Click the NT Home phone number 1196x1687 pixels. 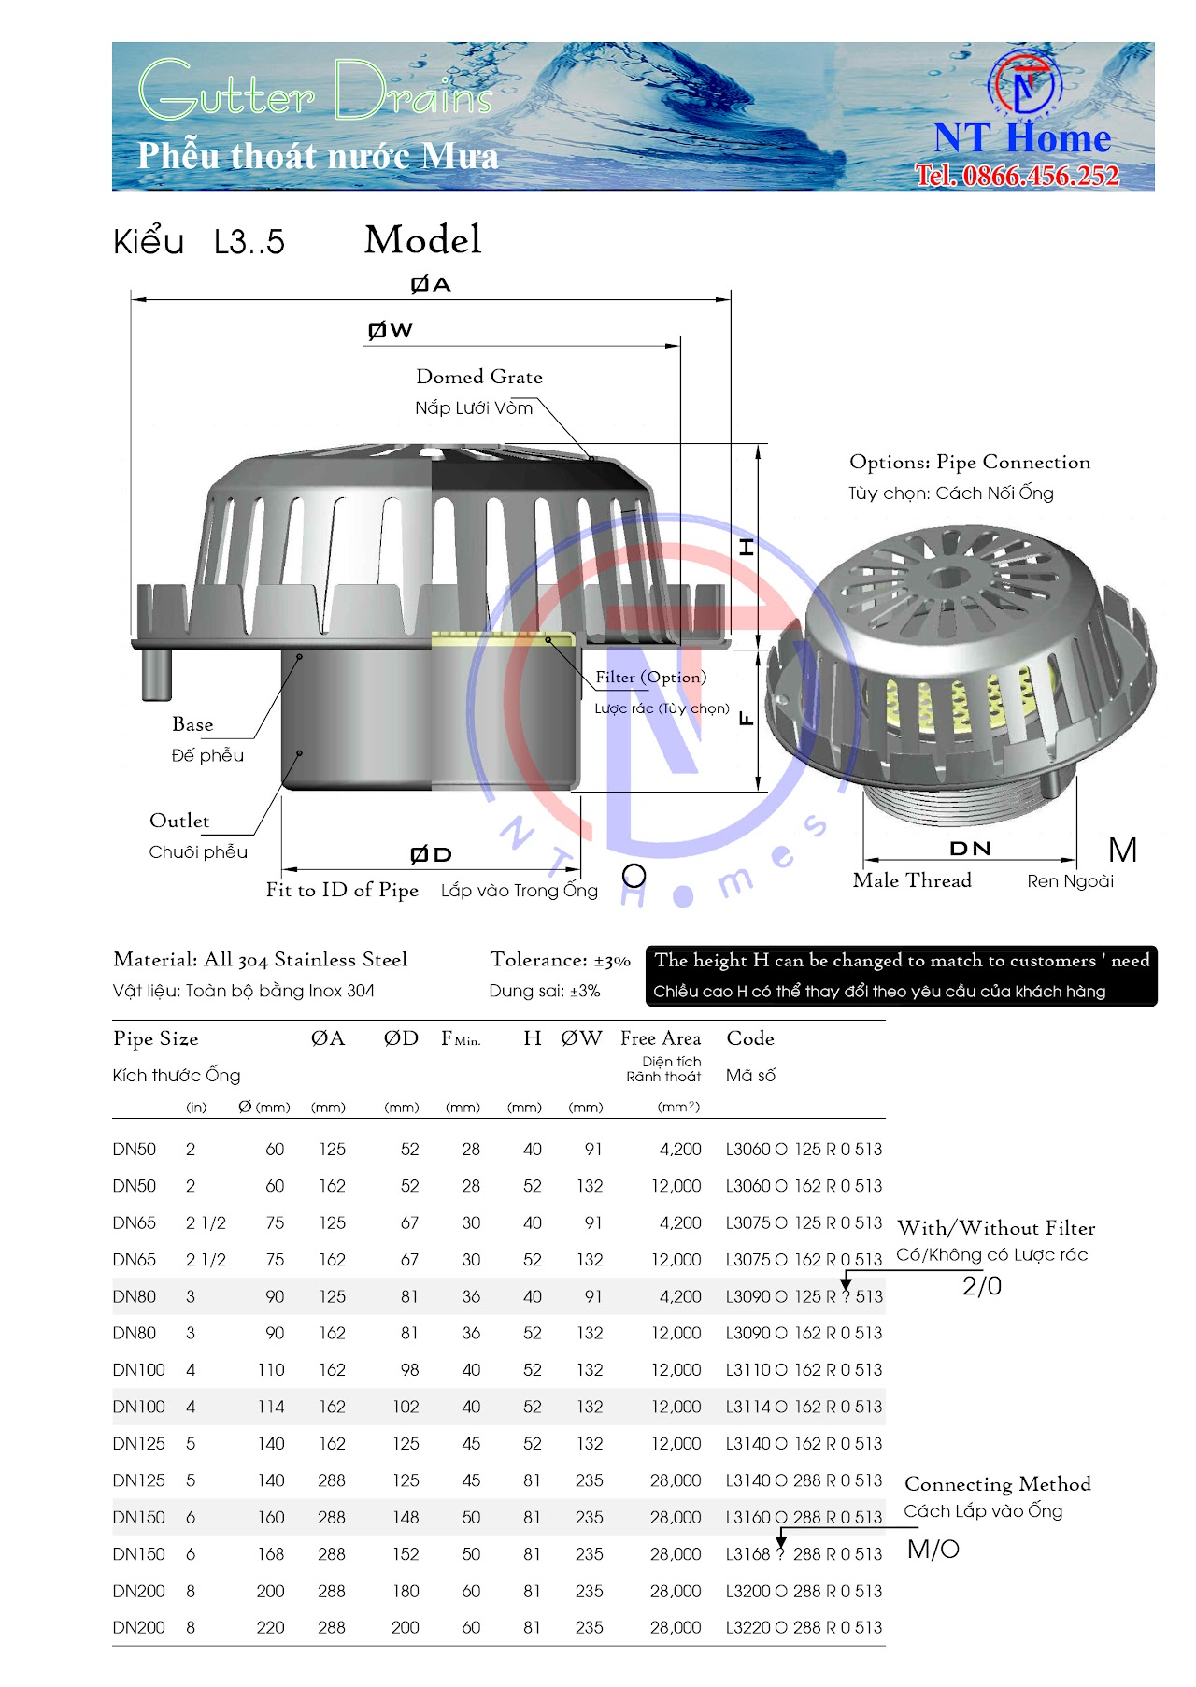coord(1017,176)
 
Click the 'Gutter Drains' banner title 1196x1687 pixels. coord(316,92)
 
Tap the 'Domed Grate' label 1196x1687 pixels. coord(478,377)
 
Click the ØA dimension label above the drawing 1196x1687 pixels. coord(431,284)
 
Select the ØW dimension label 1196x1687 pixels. coord(390,330)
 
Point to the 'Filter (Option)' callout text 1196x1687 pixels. coord(650,677)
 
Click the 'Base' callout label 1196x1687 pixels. coord(192,724)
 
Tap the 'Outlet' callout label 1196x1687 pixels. coord(179,821)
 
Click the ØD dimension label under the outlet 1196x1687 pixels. coord(431,854)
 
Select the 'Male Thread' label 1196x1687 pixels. coord(912,880)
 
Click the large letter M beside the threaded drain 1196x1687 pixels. coord(1122,851)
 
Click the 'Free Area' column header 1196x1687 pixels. coord(661,1038)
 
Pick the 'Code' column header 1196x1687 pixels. coord(750,1038)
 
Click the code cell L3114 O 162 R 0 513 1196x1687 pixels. coord(804,1407)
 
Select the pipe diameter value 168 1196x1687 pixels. coord(271,1554)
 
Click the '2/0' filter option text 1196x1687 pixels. coord(982,1287)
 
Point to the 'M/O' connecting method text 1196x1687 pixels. coord(933,1550)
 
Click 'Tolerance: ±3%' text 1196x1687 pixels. coord(560,960)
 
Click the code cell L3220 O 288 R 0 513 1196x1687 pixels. coord(804,1627)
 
